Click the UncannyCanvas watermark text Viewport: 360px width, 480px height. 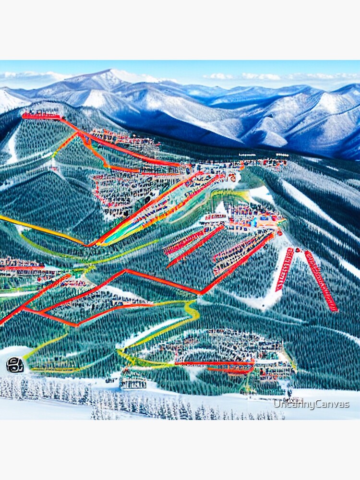pyautogui.click(x=311, y=405)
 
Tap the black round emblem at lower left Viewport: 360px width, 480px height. pyautogui.click(x=14, y=365)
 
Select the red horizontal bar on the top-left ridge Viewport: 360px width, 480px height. pyautogui.click(x=41, y=116)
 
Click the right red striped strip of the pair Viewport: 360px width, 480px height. pyautogui.click(x=321, y=281)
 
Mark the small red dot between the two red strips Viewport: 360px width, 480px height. pyautogui.click(x=298, y=250)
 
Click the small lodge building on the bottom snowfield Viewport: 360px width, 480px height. pyautogui.click(x=133, y=382)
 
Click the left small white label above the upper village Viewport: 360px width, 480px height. pyautogui.click(x=247, y=155)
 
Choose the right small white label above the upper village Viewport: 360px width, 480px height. pyautogui.click(x=282, y=155)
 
